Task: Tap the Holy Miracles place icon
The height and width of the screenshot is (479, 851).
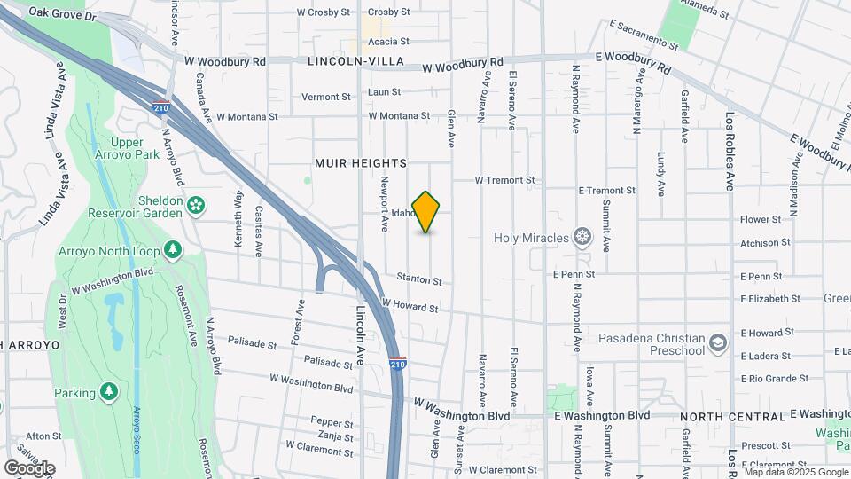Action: [x=582, y=236]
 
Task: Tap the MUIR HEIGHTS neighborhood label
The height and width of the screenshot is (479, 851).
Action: [x=361, y=163]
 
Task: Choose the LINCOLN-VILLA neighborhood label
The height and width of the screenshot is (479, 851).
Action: [x=355, y=61]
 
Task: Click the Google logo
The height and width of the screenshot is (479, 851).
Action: [x=29, y=467]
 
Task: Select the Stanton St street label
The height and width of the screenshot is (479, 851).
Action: [x=419, y=280]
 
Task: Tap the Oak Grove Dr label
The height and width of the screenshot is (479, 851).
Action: [x=61, y=12]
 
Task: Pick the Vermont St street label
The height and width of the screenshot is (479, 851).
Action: [x=327, y=97]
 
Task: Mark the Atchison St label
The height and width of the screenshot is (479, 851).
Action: [x=765, y=242]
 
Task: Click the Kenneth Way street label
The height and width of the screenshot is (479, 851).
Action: [x=238, y=211]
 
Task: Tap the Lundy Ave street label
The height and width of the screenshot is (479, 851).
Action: [x=661, y=173]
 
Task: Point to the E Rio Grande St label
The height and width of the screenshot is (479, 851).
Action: [x=775, y=378]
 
